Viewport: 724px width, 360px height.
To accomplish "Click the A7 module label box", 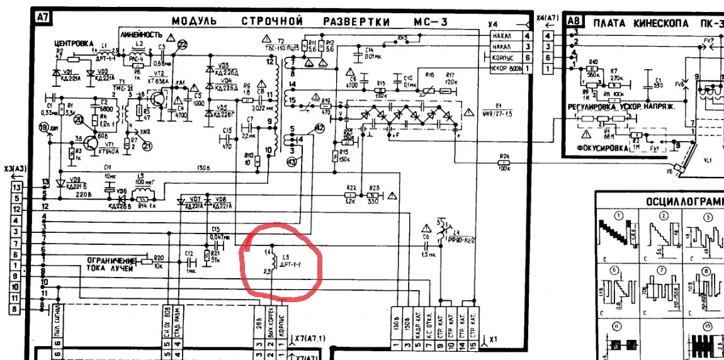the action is (x=42, y=19).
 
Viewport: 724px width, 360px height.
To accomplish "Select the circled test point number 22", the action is (x=183, y=43).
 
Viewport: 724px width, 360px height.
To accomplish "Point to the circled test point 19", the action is (x=43, y=128).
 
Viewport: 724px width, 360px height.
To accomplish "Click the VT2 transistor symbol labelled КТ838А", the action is (x=162, y=99).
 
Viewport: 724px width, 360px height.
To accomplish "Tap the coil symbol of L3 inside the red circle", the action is (x=272, y=262).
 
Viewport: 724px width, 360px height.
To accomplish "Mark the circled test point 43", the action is (x=291, y=162).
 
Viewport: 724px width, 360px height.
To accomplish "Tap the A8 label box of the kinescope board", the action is (x=573, y=21).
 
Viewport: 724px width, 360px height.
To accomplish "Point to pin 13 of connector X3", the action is (x=17, y=188).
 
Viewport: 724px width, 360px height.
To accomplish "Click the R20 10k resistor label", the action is (x=159, y=257).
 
